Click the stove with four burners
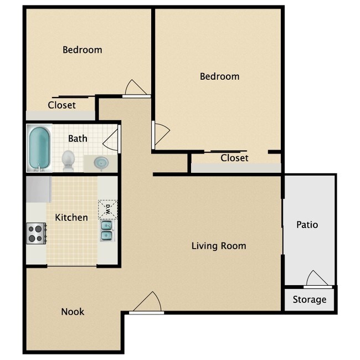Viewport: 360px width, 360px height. (x=37, y=233)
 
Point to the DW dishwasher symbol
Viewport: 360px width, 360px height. (x=107, y=209)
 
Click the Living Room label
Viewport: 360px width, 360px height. (x=219, y=245)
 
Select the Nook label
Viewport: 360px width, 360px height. (x=73, y=311)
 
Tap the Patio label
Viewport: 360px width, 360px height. (x=307, y=225)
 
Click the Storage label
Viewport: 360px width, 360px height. (x=309, y=300)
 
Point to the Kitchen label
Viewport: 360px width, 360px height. (x=71, y=217)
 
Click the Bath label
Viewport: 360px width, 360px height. (x=78, y=138)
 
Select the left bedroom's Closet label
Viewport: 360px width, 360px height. (x=61, y=105)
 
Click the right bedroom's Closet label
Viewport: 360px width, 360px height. (x=234, y=158)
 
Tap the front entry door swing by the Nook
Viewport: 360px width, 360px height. (x=147, y=303)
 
